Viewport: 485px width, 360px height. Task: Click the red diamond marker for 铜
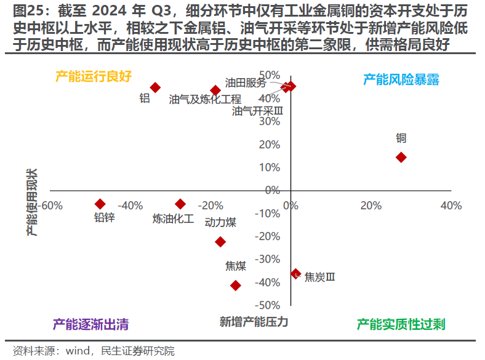tap(401, 158)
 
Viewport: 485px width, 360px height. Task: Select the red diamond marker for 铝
tap(155, 88)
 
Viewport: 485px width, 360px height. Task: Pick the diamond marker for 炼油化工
tap(180, 204)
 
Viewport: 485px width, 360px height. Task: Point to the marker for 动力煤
tap(220, 242)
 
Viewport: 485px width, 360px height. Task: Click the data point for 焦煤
tap(235, 286)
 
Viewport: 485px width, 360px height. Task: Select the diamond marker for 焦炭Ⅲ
tap(295, 274)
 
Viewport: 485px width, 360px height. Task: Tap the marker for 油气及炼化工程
tap(215, 90)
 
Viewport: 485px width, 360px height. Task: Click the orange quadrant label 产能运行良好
tap(94, 76)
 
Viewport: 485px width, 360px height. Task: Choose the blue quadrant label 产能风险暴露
tap(401, 79)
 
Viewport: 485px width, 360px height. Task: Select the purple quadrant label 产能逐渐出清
tap(90, 324)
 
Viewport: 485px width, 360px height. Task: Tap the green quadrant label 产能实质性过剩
tap(401, 324)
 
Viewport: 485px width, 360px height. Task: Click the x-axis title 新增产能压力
tap(254, 322)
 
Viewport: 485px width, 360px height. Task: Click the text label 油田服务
tap(246, 82)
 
